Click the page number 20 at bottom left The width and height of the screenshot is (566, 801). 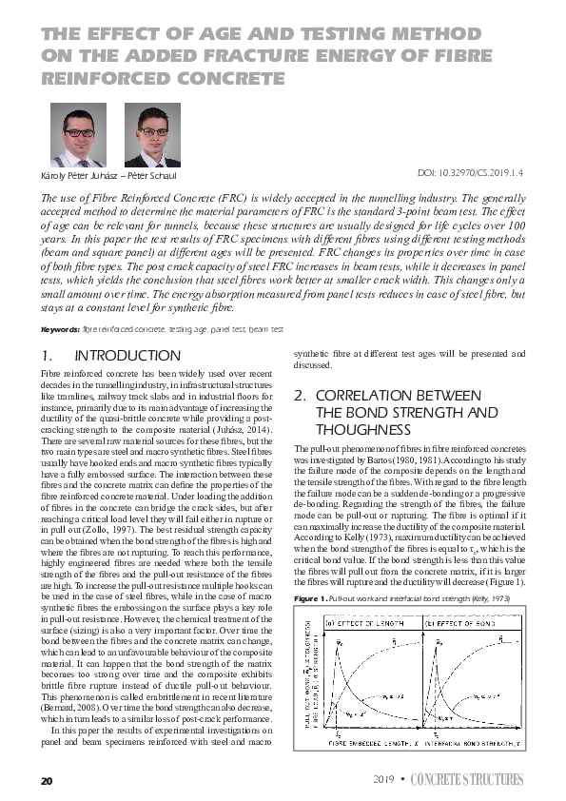(x=46, y=780)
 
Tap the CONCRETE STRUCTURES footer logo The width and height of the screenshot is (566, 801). (x=466, y=780)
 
